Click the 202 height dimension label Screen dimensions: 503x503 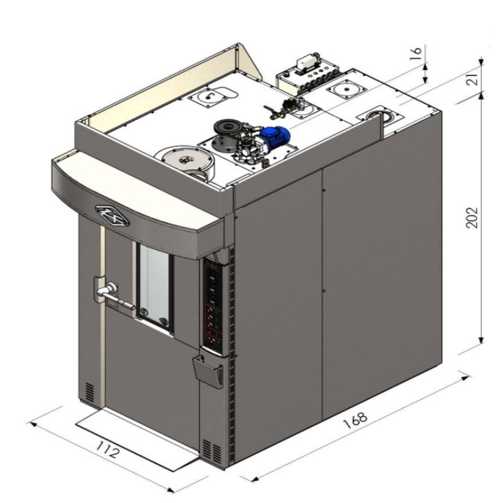click(x=472, y=218)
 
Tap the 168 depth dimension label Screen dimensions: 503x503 click(x=355, y=419)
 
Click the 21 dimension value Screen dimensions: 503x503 click(x=473, y=77)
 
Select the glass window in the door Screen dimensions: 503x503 click(x=155, y=285)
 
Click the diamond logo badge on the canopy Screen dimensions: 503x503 click(x=112, y=215)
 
